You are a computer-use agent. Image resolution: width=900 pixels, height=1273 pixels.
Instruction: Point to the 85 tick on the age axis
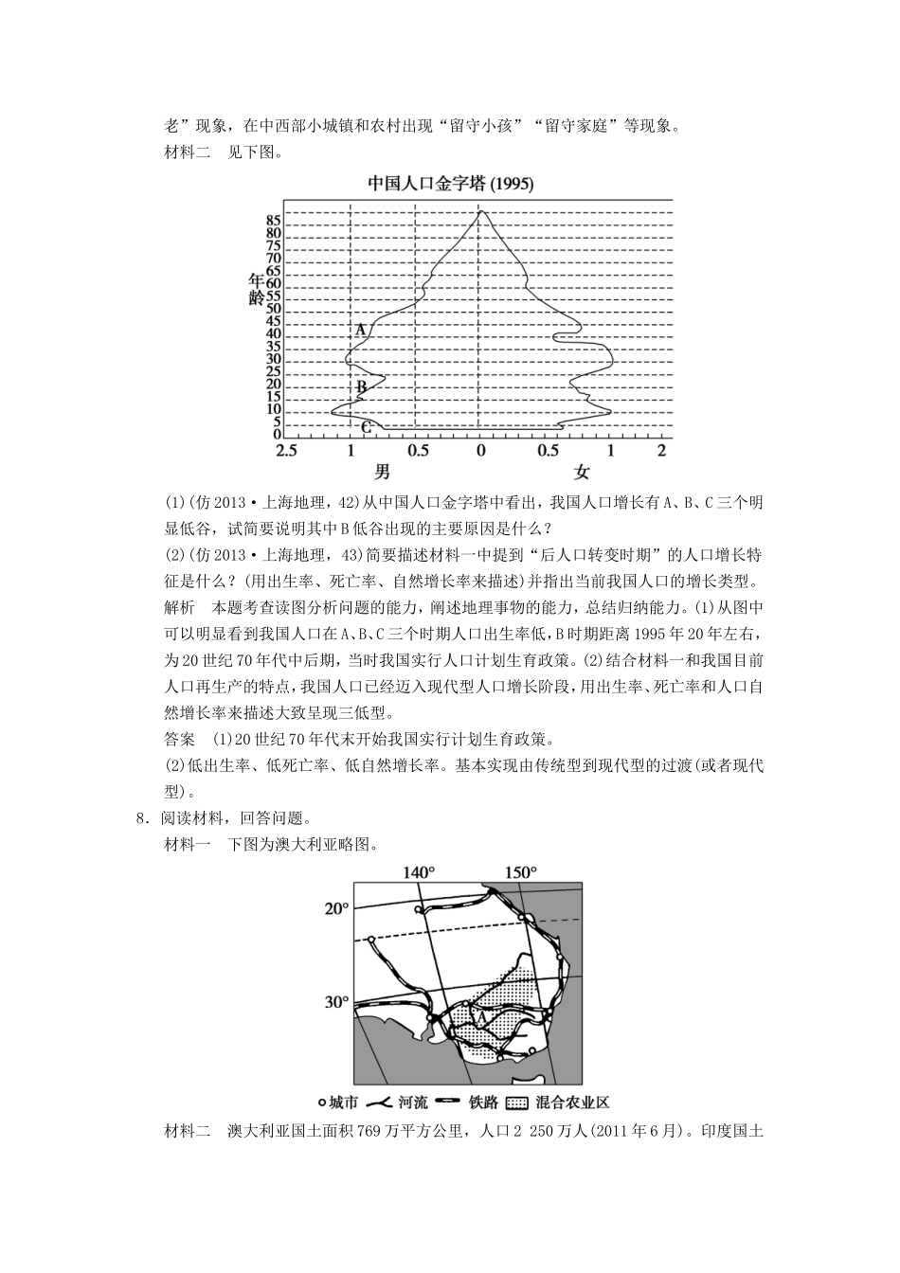[274, 220]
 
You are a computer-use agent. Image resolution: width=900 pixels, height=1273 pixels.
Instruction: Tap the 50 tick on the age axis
[274, 309]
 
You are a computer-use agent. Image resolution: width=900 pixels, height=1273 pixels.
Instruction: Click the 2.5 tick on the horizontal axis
[286, 451]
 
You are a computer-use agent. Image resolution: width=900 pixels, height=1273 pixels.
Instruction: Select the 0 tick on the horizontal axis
[481, 451]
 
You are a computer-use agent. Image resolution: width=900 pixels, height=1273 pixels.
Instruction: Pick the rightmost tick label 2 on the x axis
[662, 451]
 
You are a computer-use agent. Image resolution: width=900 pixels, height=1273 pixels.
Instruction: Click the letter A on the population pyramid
[360, 330]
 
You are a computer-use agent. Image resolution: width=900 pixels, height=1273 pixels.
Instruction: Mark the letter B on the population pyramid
[361, 386]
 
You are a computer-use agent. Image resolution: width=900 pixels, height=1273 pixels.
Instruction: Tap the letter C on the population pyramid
[366, 428]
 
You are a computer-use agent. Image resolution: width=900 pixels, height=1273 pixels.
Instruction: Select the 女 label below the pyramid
[581, 472]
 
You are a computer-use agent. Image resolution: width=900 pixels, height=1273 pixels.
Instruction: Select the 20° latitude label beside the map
[336, 908]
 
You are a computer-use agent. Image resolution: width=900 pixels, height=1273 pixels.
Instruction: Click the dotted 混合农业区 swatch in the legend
[516, 1103]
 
